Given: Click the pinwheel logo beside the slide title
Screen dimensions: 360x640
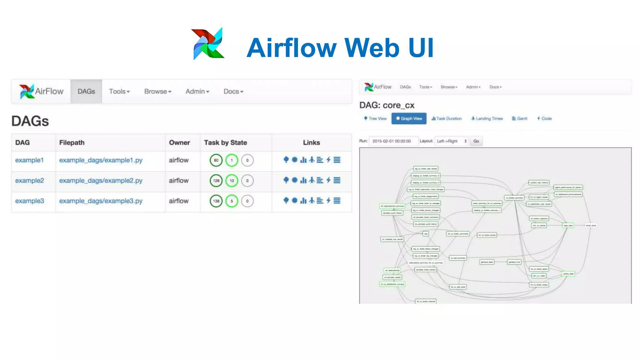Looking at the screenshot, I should tap(208, 44).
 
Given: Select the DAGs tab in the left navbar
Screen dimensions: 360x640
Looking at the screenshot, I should tap(86, 91).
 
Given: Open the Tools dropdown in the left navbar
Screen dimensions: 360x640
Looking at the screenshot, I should tap(119, 91).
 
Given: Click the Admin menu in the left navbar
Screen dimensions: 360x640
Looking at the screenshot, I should tap(197, 91).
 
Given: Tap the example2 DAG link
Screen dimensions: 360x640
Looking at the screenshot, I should tap(30, 181).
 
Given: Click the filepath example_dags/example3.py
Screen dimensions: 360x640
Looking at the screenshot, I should tap(101, 201).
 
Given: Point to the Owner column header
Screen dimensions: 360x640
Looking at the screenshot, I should tap(179, 142).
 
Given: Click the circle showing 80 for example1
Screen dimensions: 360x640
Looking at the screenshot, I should tap(216, 160).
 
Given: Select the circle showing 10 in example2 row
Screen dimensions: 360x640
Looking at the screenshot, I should tap(232, 181).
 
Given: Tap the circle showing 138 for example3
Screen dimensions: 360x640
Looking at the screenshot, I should tap(216, 201).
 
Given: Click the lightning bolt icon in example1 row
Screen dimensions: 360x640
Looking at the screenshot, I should tap(328, 160).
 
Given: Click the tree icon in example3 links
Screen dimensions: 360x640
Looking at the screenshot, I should tap(286, 201).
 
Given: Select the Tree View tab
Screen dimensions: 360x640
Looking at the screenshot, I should tap(375, 119).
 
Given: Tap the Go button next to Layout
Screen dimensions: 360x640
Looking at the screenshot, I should tap(476, 141).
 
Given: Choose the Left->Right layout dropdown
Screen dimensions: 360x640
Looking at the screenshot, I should tap(451, 141).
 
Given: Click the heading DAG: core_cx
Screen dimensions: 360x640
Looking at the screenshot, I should tap(387, 105).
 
